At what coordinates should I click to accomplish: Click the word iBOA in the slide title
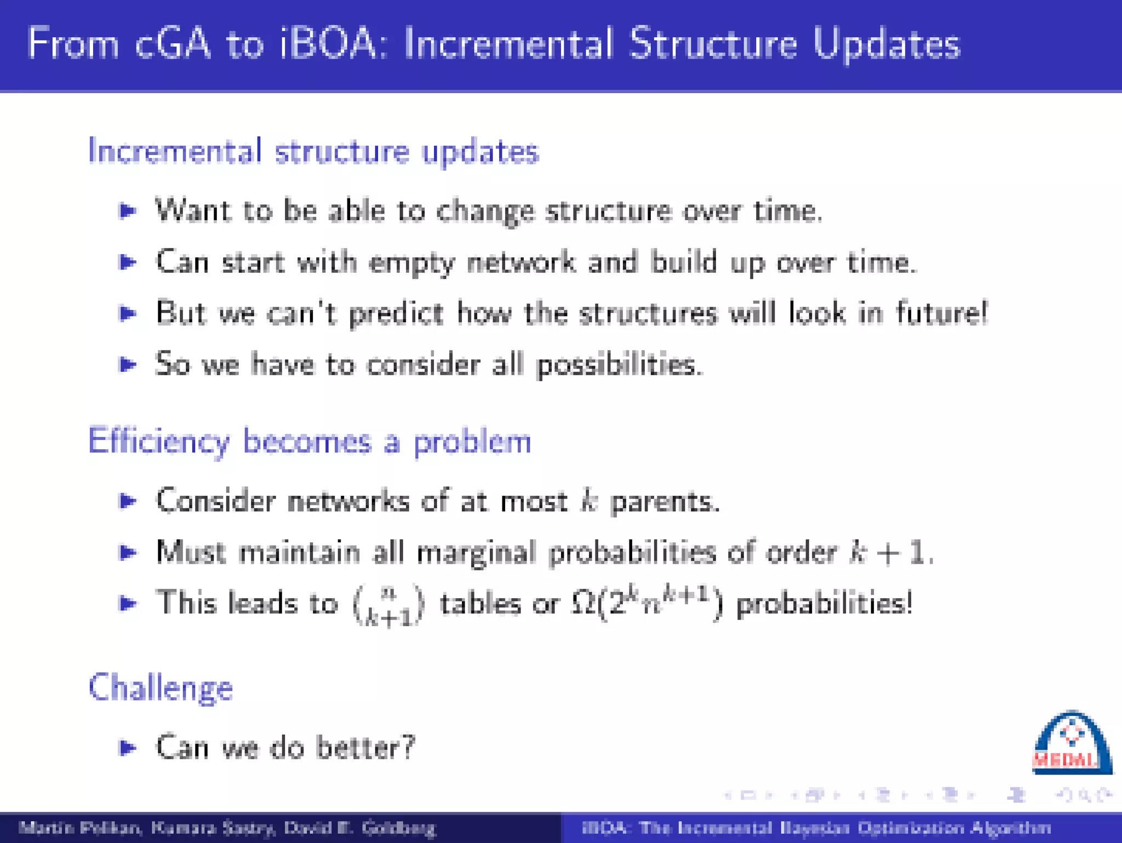pos(327,44)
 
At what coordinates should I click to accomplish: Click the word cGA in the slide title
pos(173,44)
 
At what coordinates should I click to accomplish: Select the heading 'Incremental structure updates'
pos(313,152)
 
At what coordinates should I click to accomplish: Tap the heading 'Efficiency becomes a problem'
pos(310,441)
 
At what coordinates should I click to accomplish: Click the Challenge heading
pos(161,688)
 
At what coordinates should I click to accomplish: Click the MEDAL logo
pos(1071,744)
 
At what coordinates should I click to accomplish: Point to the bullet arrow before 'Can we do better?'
pos(128,747)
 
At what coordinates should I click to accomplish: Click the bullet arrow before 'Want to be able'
pos(128,210)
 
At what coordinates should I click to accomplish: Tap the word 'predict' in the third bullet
pos(396,314)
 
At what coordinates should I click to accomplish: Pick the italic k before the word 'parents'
pos(588,501)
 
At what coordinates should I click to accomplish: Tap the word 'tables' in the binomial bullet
pos(480,604)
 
